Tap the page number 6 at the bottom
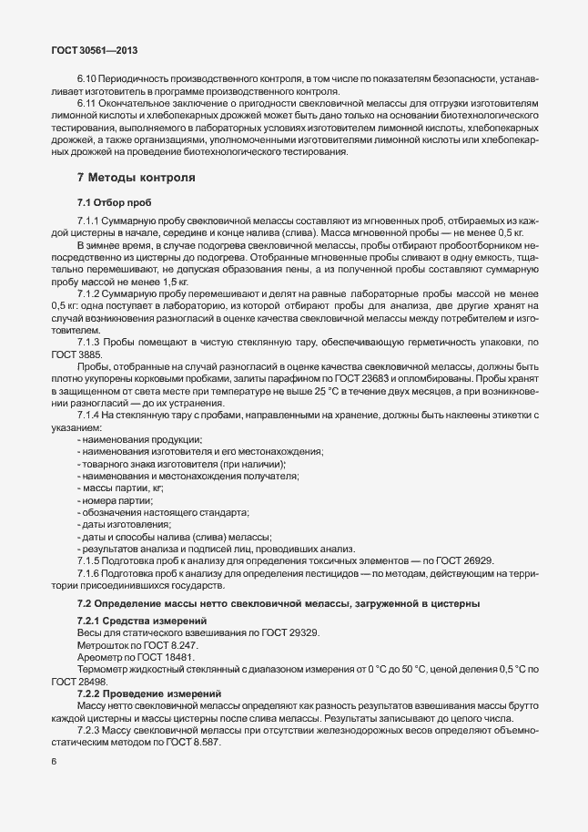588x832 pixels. click(55, 763)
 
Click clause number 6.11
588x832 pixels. click(88, 105)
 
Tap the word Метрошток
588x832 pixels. click(102, 644)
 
